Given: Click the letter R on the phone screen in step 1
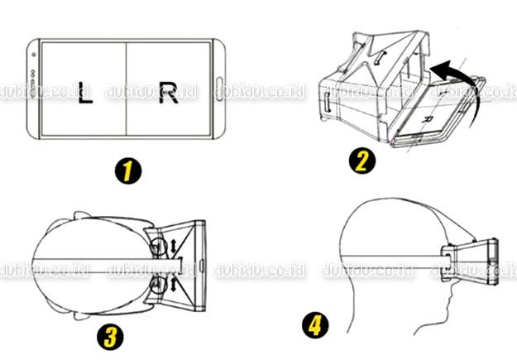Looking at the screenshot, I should point(168,93).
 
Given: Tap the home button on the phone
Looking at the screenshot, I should point(222,88).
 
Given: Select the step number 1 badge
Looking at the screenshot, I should point(126,172).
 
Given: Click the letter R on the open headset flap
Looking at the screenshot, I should point(426,120).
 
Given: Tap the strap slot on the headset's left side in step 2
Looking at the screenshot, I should point(328,104).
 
